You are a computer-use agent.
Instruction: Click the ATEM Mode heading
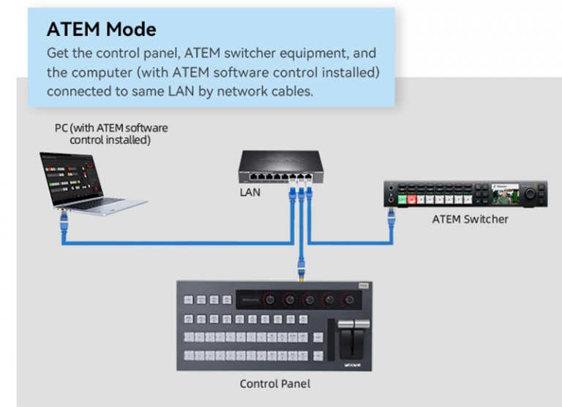[101, 29]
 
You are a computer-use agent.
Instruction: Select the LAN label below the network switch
[250, 194]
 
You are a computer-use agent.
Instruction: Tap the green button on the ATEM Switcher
[403, 199]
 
